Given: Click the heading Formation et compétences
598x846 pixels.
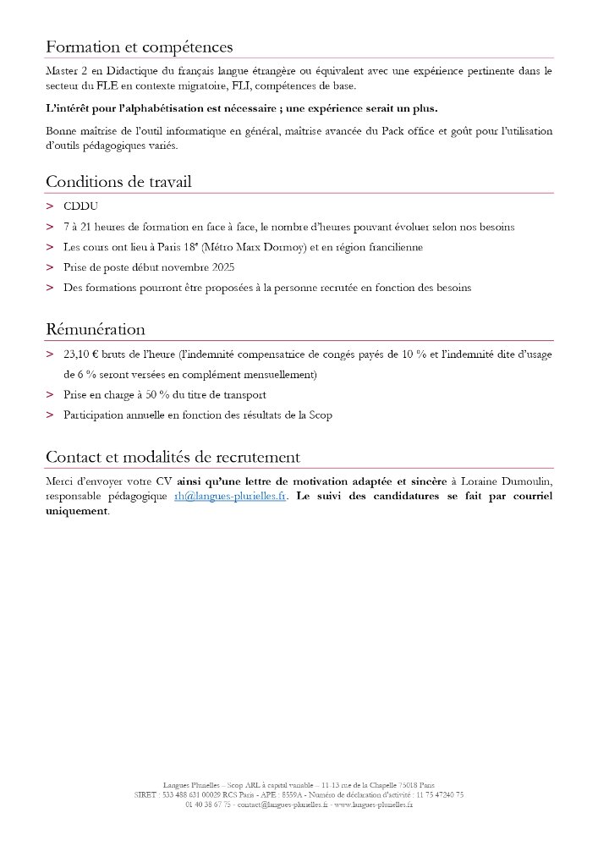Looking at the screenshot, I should (139, 47).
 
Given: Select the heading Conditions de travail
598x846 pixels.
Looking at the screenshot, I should (118, 182).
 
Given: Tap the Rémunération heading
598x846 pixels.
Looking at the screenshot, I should (96, 329).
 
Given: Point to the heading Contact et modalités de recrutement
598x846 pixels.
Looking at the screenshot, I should (173, 457).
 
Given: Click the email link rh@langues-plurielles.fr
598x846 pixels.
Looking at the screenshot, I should (229, 497).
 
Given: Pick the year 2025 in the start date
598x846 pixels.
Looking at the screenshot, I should (217, 267).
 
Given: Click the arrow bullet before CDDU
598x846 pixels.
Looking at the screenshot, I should (50, 206).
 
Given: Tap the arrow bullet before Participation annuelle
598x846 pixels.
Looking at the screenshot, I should (50, 415).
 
